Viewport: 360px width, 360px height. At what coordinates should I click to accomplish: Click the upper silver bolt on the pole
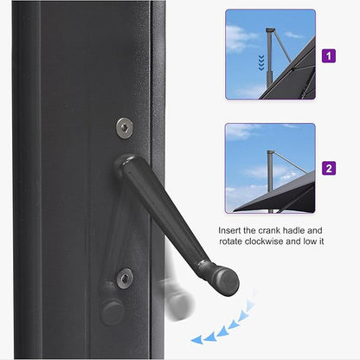[125, 126]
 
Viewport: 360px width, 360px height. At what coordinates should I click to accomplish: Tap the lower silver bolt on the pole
[125, 278]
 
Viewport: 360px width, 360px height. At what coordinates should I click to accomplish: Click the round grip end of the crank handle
[225, 280]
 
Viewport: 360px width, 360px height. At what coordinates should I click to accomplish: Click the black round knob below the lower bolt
[112, 311]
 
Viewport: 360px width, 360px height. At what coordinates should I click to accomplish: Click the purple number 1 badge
[329, 56]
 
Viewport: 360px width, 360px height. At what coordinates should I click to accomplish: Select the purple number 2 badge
[329, 168]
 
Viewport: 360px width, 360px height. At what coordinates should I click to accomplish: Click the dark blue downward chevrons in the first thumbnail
[261, 61]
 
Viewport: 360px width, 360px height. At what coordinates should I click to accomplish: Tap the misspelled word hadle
[305, 232]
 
